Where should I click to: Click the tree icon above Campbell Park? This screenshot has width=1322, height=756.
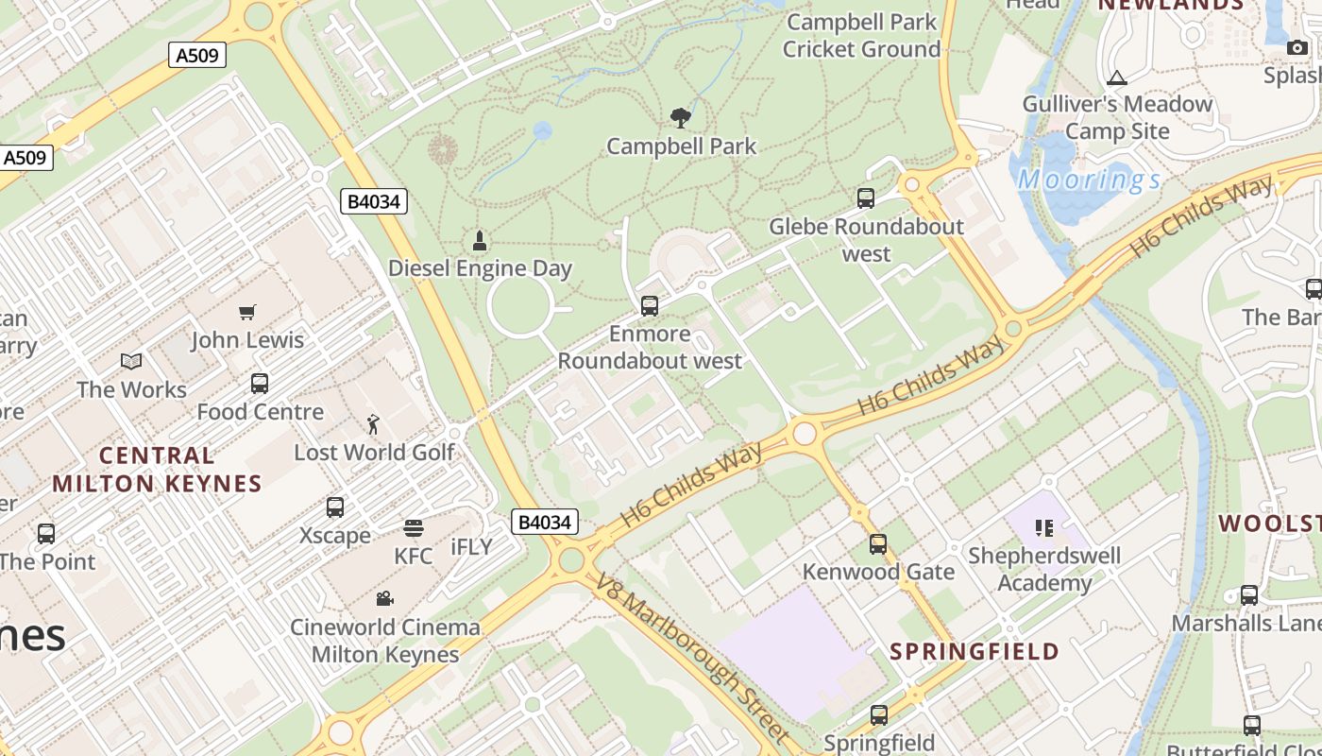pos(680,118)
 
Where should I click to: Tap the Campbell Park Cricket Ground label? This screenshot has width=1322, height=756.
pos(861,35)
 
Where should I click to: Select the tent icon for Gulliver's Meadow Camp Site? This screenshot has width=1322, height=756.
pos(1117,77)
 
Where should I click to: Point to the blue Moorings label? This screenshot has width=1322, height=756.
pos(1089,180)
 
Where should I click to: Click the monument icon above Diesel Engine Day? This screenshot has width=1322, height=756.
pos(480,241)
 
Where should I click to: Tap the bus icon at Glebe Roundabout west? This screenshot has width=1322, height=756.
pos(866,198)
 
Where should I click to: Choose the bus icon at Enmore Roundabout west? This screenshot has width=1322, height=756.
pos(650,306)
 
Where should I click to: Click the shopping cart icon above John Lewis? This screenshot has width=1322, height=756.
pos(247,312)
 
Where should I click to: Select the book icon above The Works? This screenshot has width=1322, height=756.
pos(131,362)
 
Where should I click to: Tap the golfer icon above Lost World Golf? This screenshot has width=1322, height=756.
pos(374,424)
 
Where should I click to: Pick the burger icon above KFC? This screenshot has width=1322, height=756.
pos(414,528)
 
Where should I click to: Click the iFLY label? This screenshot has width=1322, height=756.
pos(472,547)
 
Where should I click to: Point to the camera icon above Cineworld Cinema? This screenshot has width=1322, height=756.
pos(384,598)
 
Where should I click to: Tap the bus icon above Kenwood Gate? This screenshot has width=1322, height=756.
pos(878,544)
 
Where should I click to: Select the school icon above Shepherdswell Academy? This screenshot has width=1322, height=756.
pos(1044,527)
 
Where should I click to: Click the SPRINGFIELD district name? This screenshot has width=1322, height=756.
pos(975,651)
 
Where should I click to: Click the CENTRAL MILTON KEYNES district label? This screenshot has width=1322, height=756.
pos(157,470)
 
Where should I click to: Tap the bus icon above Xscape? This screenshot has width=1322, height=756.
pos(335,507)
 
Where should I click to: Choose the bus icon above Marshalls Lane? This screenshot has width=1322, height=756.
pos(1249,595)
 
